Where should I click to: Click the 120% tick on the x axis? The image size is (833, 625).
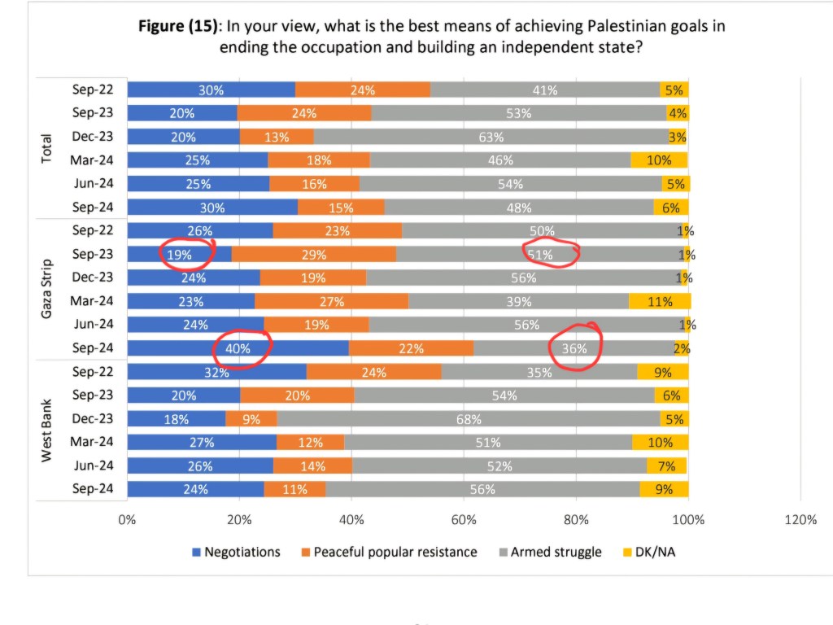tap(800, 520)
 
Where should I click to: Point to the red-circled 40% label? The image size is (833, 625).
tap(242, 349)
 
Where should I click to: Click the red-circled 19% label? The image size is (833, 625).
tap(180, 255)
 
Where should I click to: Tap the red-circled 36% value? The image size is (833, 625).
tap(574, 349)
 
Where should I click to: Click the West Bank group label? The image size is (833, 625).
tap(46, 431)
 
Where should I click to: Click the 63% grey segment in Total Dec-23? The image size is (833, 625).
tap(491, 137)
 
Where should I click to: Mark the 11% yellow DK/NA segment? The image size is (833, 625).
tap(660, 302)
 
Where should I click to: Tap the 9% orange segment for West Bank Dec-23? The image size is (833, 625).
tap(251, 420)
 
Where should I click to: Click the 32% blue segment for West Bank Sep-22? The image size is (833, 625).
tap(216, 373)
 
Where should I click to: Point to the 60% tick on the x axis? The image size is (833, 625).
tap(464, 520)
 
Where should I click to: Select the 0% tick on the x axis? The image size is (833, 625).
tap(128, 520)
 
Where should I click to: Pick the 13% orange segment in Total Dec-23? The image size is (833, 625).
tap(277, 137)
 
